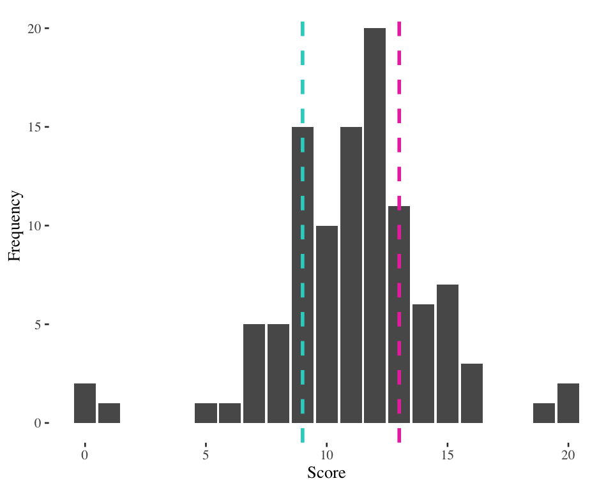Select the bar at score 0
point(85,403)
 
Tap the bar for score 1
point(109,413)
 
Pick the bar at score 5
point(206,413)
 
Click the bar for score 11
point(351,275)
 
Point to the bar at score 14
point(423,364)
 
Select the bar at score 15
point(448,353)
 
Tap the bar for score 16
point(472,393)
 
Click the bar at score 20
point(568,403)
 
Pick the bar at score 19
point(544,413)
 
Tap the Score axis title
point(326,473)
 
